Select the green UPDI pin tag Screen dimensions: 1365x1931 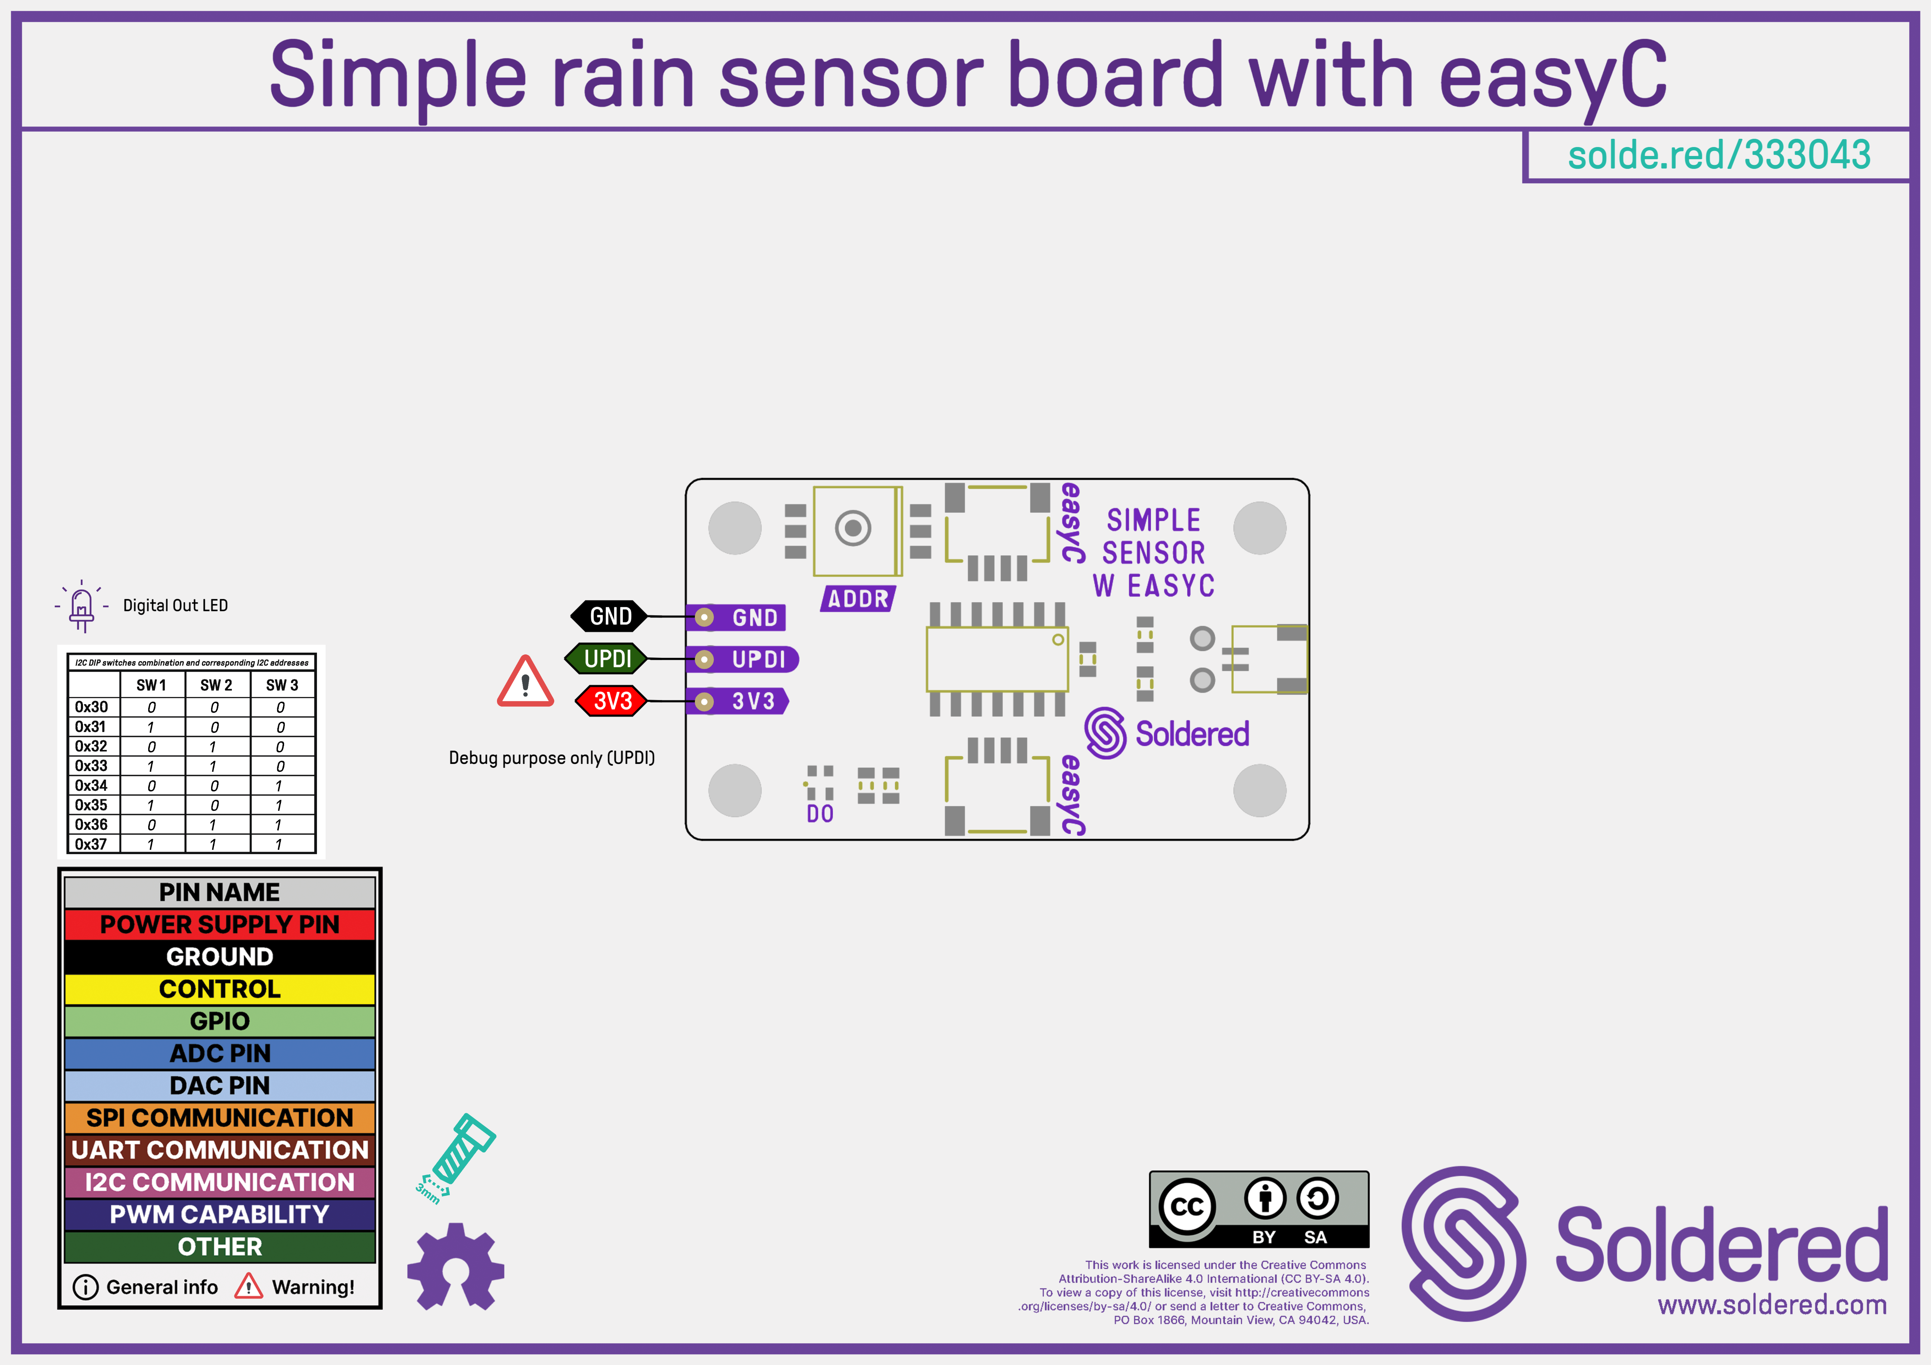point(607,659)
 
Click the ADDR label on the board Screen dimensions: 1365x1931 point(858,599)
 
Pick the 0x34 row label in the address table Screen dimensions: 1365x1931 point(92,785)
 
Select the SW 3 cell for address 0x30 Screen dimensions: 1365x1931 point(281,707)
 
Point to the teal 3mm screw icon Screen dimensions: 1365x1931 point(457,1156)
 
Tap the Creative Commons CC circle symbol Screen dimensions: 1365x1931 point(1187,1207)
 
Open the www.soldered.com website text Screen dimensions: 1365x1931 point(1772,1305)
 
